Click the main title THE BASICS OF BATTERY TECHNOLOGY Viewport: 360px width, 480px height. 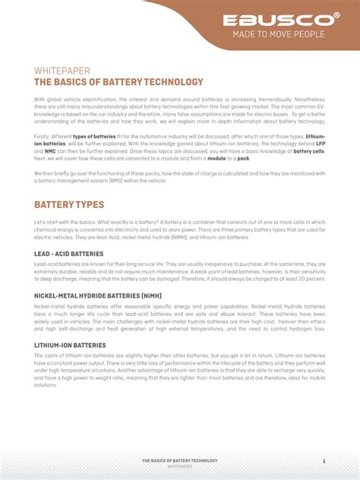click(x=118, y=82)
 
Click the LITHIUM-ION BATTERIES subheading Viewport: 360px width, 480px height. click(x=70, y=346)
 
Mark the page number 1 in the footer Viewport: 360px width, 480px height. click(x=324, y=461)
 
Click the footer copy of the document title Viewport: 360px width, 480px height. click(x=180, y=461)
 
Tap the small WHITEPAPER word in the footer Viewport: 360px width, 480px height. click(x=180, y=467)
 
